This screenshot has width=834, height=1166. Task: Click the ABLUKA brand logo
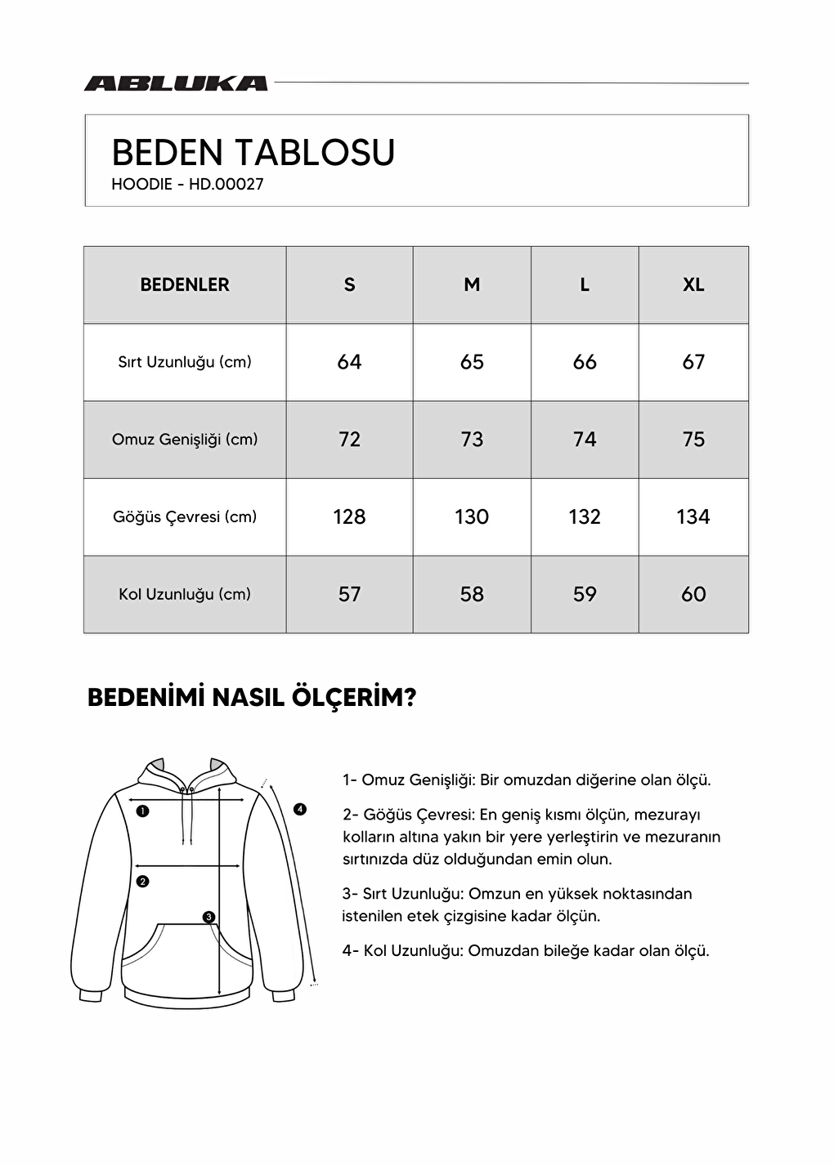(x=176, y=83)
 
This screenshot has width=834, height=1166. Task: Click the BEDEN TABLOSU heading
(x=253, y=153)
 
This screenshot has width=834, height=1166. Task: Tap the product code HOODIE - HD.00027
(x=187, y=185)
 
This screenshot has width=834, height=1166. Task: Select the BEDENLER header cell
(x=185, y=284)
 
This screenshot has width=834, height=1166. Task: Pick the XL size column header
(x=693, y=284)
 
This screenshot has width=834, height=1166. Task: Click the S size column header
(x=349, y=284)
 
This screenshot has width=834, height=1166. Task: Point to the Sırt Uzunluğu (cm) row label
(x=185, y=362)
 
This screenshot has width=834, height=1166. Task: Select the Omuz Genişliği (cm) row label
(x=185, y=440)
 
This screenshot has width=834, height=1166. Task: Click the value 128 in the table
(x=349, y=516)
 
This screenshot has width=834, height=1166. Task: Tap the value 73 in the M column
(x=472, y=440)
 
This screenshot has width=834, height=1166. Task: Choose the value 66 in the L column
(x=585, y=362)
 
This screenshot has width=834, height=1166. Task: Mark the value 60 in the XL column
(x=693, y=594)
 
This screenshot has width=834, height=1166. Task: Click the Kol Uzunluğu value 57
(x=349, y=594)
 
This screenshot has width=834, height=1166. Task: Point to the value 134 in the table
(x=693, y=516)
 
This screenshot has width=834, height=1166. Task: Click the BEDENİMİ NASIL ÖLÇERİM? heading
(x=252, y=698)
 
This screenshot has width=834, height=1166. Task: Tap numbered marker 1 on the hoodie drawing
(x=143, y=811)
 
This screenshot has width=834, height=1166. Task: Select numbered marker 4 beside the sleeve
(x=300, y=809)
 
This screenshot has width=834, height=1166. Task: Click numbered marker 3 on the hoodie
(x=209, y=917)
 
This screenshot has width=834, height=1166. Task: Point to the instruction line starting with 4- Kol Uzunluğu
(x=526, y=951)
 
